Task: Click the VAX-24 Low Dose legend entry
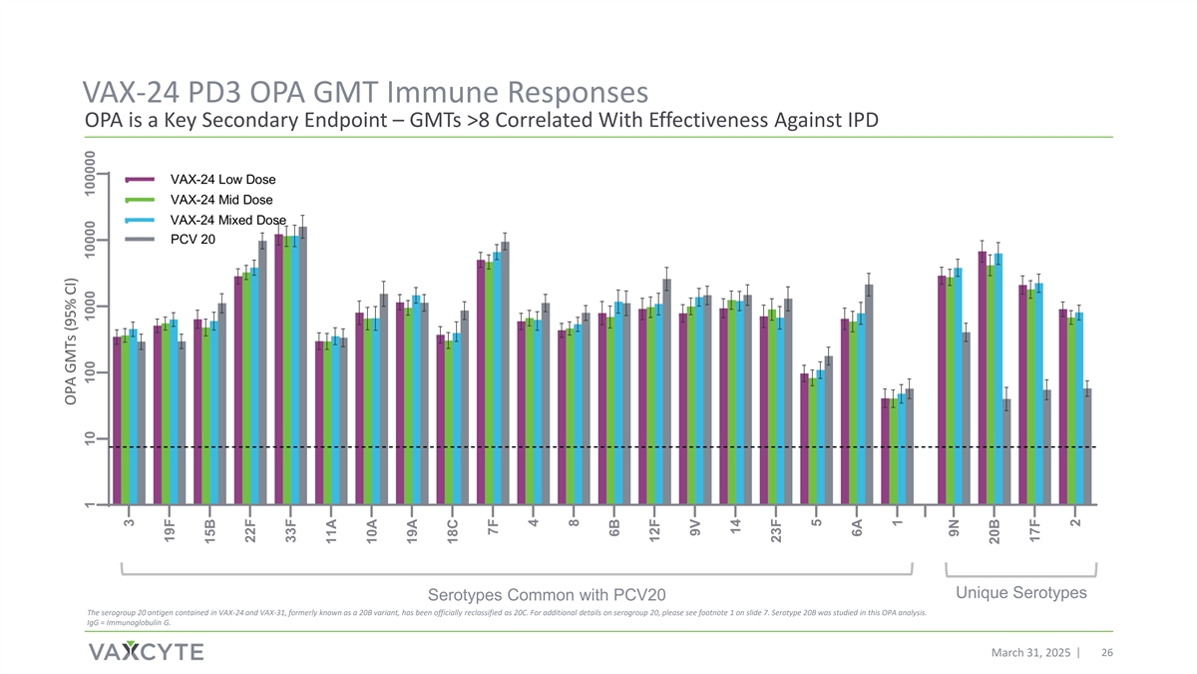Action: [221, 180]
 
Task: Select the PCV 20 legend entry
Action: [193, 240]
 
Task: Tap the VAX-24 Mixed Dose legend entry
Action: [227, 220]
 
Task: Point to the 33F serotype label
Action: [290, 530]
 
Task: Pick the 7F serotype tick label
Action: [493, 526]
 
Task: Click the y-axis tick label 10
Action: [91, 439]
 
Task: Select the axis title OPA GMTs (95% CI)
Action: [71, 342]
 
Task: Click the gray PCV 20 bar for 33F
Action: [302, 366]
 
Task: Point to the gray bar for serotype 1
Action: [909, 447]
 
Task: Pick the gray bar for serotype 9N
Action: [966, 419]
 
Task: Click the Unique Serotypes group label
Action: [1020, 593]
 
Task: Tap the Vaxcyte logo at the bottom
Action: [146, 652]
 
